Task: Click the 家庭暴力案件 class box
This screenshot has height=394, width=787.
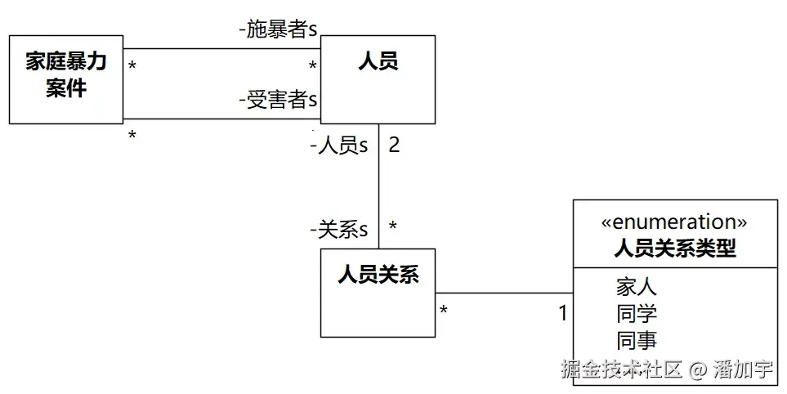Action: [x=66, y=79]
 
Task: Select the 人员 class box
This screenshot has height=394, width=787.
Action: [x=378, y=79]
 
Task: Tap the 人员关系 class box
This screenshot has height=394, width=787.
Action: [x=378, y=292]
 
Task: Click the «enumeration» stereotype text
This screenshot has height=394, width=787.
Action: [x=674, y=222]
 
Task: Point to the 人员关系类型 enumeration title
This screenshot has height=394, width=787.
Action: [x=674, y=248]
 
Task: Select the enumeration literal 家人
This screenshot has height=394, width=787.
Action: [x=637, y=287]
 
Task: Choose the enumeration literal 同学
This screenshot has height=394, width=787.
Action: [x=637, y=314]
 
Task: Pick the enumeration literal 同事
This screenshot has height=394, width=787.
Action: [x=637, y=340]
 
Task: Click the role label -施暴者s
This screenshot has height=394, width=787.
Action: [x=278, y=30]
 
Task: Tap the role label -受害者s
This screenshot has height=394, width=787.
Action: [x=278, y=101]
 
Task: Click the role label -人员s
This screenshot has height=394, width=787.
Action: [x=339, y=146]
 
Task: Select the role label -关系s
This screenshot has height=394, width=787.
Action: [x=339, y=230]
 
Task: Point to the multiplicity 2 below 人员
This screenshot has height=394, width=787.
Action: [x=394, y=146]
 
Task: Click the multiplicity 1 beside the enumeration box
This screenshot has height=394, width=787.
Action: [x=562, y=312]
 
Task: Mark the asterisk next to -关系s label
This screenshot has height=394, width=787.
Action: [x=393, y=226]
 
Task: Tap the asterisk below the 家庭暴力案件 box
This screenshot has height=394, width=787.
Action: [x=132, y=136]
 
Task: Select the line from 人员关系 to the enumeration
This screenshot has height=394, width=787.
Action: [x=503, y=293]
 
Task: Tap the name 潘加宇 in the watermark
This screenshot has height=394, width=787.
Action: [x=743, y=369]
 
